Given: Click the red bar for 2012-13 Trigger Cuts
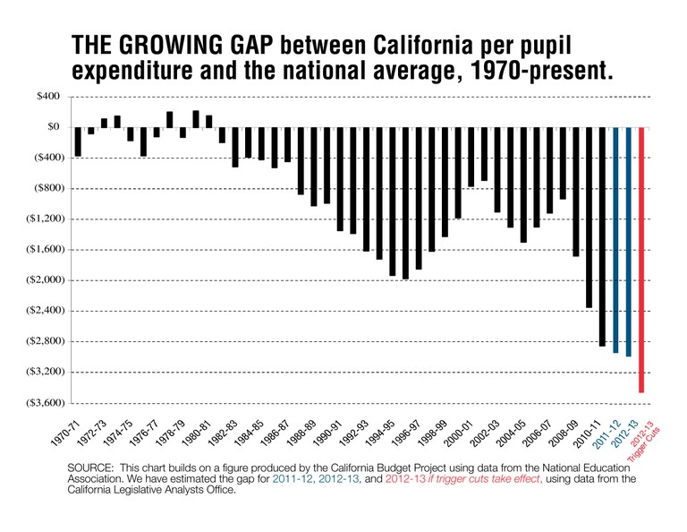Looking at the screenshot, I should point(641,260).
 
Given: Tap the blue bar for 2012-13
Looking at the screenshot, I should point(629,242).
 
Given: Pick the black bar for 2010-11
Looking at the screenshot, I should point(602,236).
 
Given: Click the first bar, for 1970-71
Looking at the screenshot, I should point(79,142).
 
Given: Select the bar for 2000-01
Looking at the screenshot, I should point(471,157).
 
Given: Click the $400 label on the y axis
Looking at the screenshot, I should point(47,96).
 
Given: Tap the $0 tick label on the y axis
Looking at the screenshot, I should point(53,127).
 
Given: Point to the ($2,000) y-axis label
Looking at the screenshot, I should point(41,279).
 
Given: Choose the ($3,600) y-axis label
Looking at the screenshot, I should point(41,402).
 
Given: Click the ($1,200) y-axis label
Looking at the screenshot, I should point(41,219).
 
